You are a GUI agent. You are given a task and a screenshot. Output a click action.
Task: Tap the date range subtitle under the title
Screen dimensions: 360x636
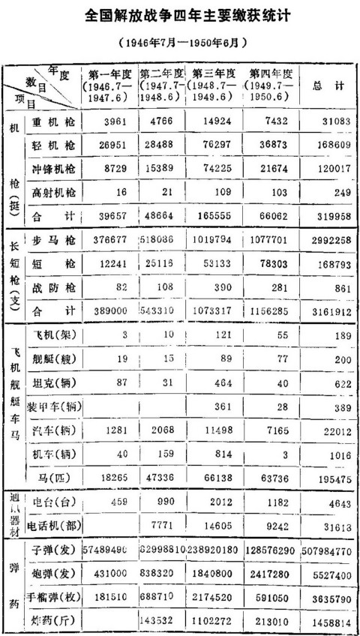(x=180, y=43)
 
